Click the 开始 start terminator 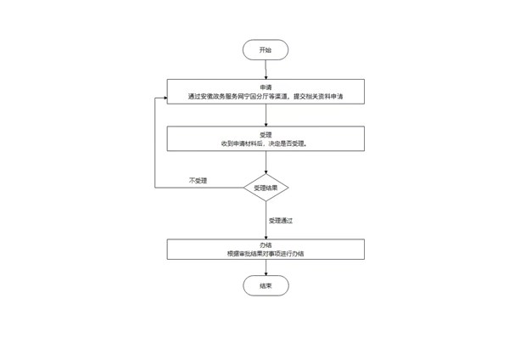266,50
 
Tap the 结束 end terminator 266,285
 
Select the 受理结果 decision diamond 266,188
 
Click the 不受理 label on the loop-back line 198,180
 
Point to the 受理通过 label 281,221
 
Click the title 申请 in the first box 266,87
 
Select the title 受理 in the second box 266,134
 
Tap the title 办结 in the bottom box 266,245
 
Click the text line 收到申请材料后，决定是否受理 264,143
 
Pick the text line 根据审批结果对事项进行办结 266,254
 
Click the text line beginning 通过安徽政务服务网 266,97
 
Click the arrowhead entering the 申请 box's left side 165,98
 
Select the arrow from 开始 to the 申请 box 266,70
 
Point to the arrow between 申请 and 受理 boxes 266,115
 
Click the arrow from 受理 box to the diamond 266,162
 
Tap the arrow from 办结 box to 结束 266,267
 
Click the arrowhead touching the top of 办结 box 266,237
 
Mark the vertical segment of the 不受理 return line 155,143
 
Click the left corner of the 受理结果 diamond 243,188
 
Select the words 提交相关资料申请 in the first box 318,97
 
